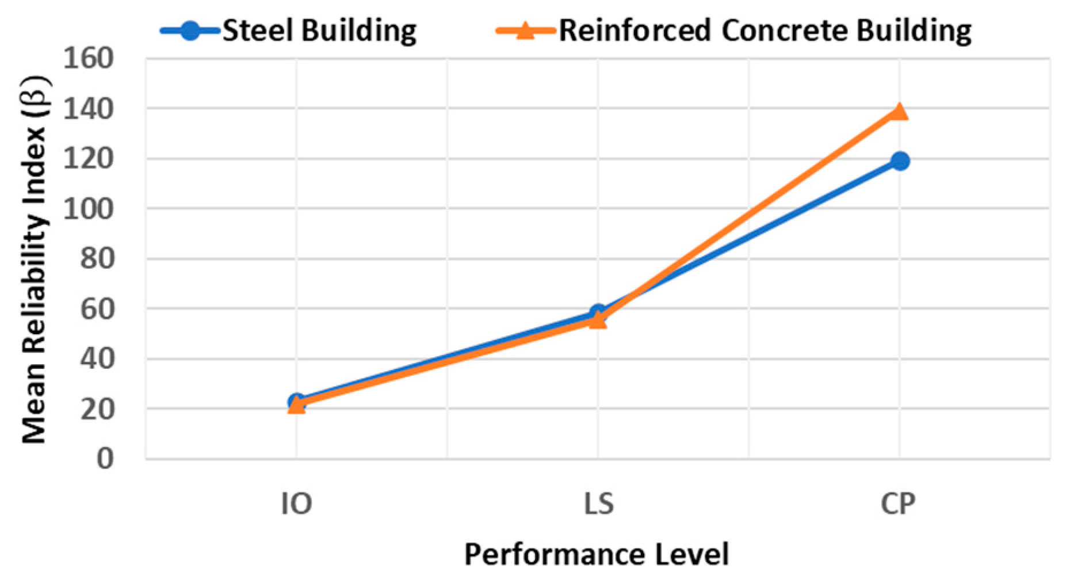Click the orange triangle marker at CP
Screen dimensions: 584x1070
pos(899,112)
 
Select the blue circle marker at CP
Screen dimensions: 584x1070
pos(900,161)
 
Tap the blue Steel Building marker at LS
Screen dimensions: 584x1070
pos(598,312)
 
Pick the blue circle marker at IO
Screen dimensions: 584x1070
pos(296,401)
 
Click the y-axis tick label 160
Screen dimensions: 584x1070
pos(88,59)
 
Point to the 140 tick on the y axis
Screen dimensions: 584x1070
pos(88,109)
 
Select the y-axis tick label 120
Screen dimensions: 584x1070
pos(88,159)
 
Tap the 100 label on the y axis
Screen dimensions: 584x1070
pos(88,209)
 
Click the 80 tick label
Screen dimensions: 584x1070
pos(96,259)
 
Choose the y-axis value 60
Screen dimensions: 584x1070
pos(96,309)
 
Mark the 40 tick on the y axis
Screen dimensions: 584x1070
pos(96,359)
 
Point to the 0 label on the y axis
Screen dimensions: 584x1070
pos(105,459)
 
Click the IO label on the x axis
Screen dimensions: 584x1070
pos(296,504)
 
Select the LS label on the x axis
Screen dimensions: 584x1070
pos(598,504)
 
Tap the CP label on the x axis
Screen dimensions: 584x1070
pos(898,504)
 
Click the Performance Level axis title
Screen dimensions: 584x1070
pos(597,555)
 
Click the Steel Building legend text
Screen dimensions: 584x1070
pos(319,30)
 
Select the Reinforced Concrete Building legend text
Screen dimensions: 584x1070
pos(765,30)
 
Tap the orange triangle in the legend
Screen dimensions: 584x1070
pos(525,30)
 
